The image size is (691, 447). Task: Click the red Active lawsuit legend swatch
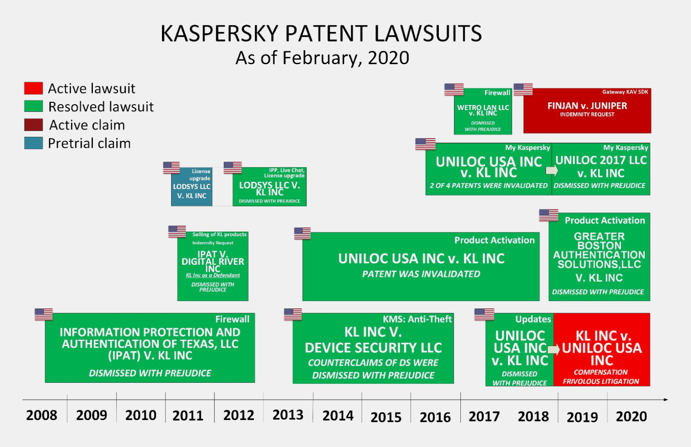tap(34, 88)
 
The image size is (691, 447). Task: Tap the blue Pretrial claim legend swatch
tap(34, 143)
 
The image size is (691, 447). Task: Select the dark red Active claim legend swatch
tap(34, 125)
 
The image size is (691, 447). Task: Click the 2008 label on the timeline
tap(42, 415)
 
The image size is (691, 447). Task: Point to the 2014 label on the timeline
tap(338, 416)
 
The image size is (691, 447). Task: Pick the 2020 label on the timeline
tap(631, 416)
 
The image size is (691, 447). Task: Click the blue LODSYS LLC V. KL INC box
tap(192, 187)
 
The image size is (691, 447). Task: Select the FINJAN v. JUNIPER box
tap(587, 111)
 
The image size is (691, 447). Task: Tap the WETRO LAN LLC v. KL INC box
tap(483, 111)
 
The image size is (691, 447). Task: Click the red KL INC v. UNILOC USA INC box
tap(602, 350)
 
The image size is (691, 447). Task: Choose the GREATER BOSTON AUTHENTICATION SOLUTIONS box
tap(599, 257)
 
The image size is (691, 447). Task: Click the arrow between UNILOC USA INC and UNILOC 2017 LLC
tap(552, 171)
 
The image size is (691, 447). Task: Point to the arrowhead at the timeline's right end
tap(666, 400)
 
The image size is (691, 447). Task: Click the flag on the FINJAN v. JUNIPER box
tap(523, 89)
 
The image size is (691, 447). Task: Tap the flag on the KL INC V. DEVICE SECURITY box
tap(293, 314)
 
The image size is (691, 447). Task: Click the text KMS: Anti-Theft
tap(417, 319)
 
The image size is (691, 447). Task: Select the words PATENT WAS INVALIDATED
tap(421, 274)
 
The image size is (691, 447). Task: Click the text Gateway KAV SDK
tap(625, 92)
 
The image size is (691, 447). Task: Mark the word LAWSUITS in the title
tap(428, 33)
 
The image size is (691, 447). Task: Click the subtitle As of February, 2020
tap(322, 58)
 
